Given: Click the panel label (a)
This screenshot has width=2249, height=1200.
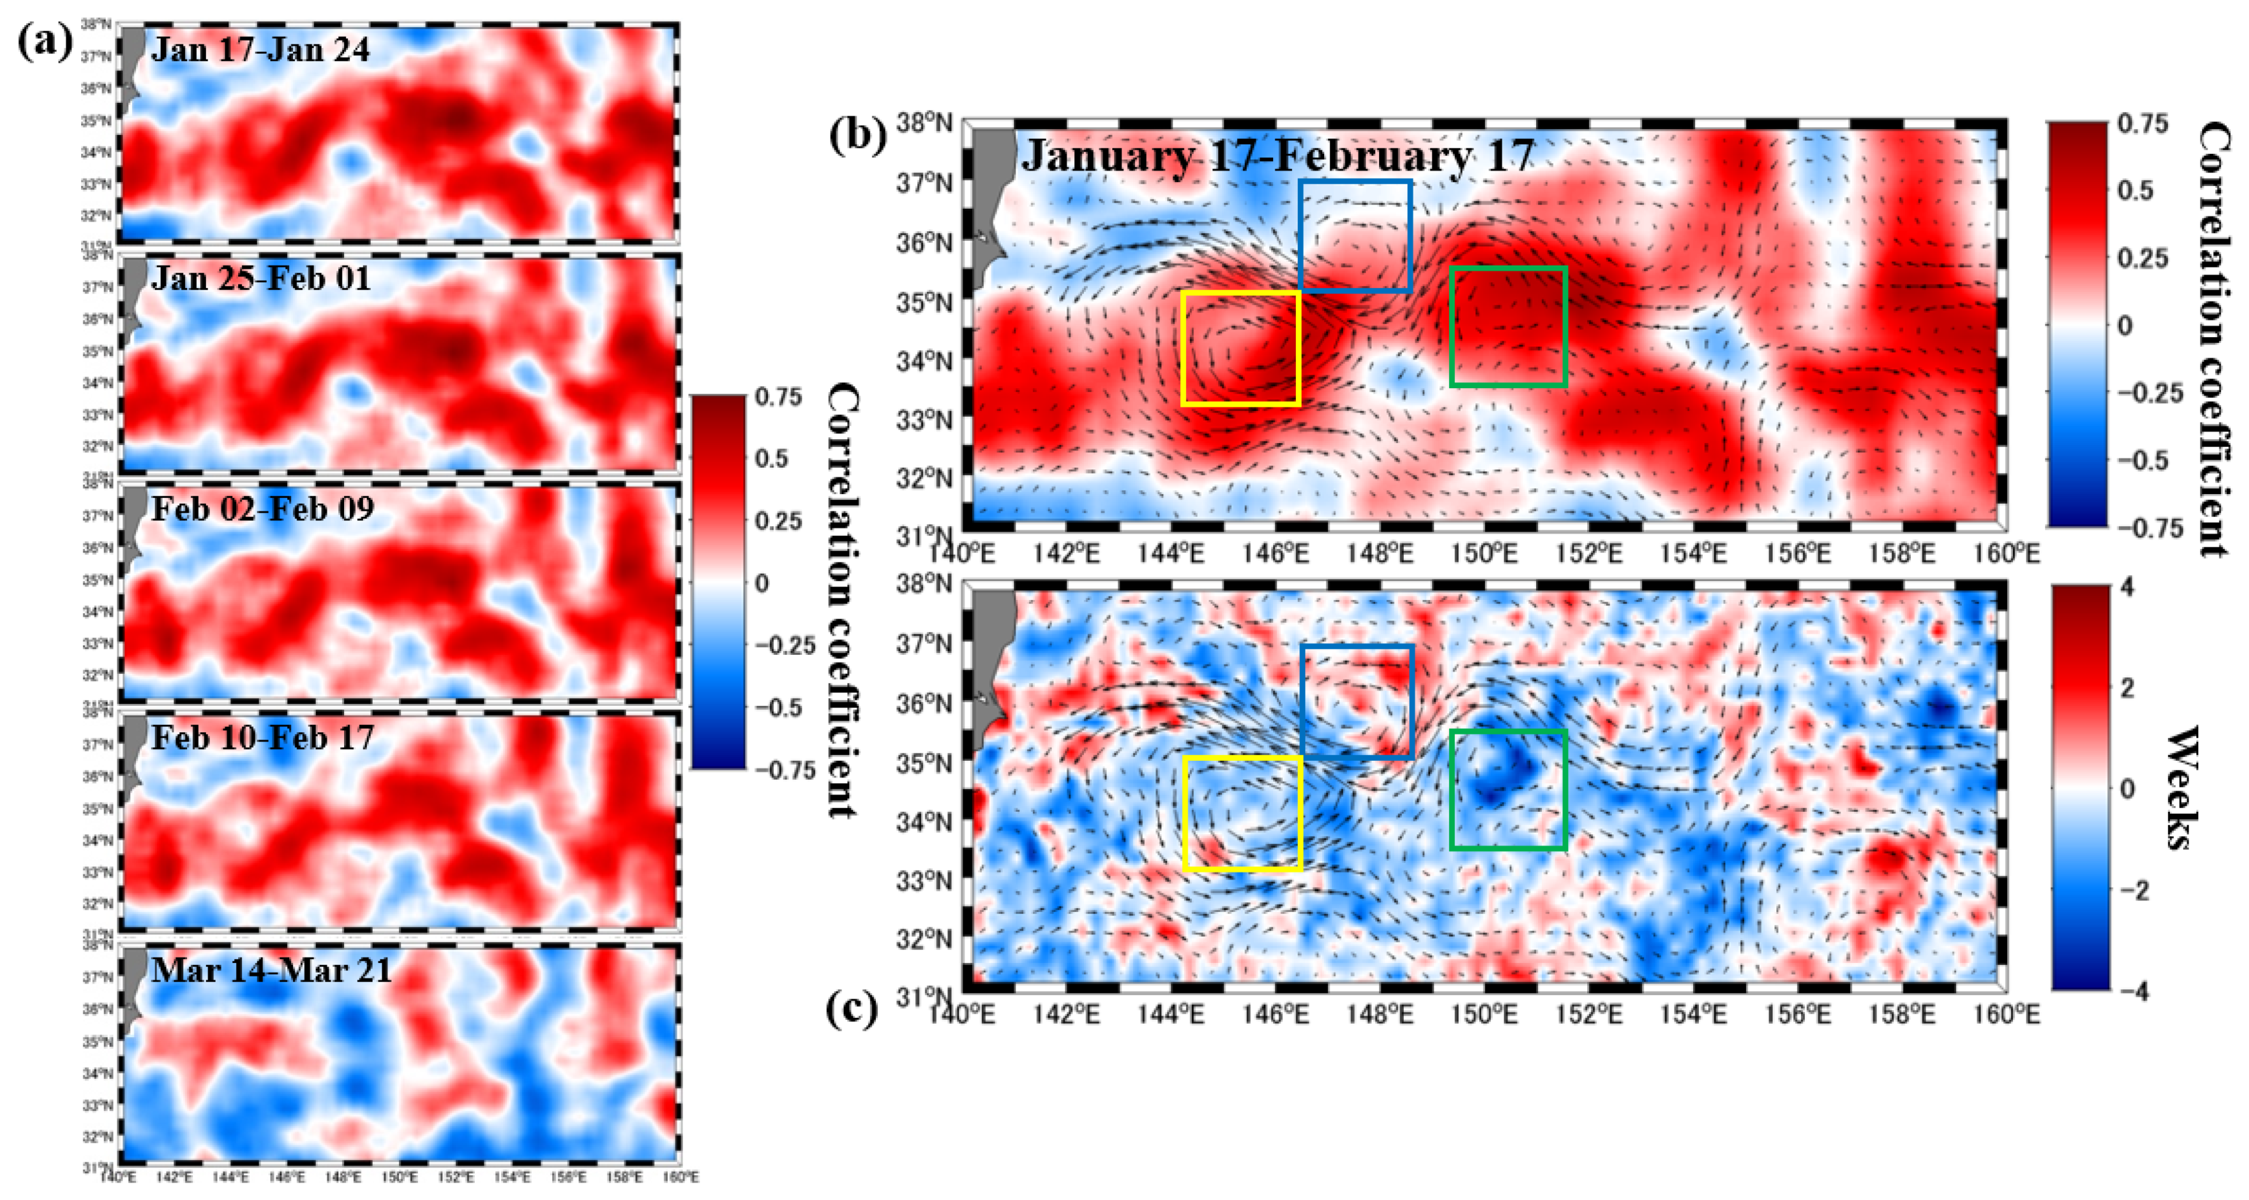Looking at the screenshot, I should (x=44, y=42).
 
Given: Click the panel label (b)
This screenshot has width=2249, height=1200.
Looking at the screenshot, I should (x=858, y=136).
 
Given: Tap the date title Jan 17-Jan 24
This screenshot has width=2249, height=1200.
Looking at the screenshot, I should (x=260, y=50).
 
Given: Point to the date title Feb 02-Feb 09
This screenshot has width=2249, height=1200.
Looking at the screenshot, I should (x=262, y=509).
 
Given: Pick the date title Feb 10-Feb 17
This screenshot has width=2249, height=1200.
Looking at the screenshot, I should (x=262, y=738).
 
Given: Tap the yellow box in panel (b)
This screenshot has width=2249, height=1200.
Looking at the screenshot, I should (x=1240, y=348).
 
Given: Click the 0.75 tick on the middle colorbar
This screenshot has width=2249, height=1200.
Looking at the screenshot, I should (x=779, y=397).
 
